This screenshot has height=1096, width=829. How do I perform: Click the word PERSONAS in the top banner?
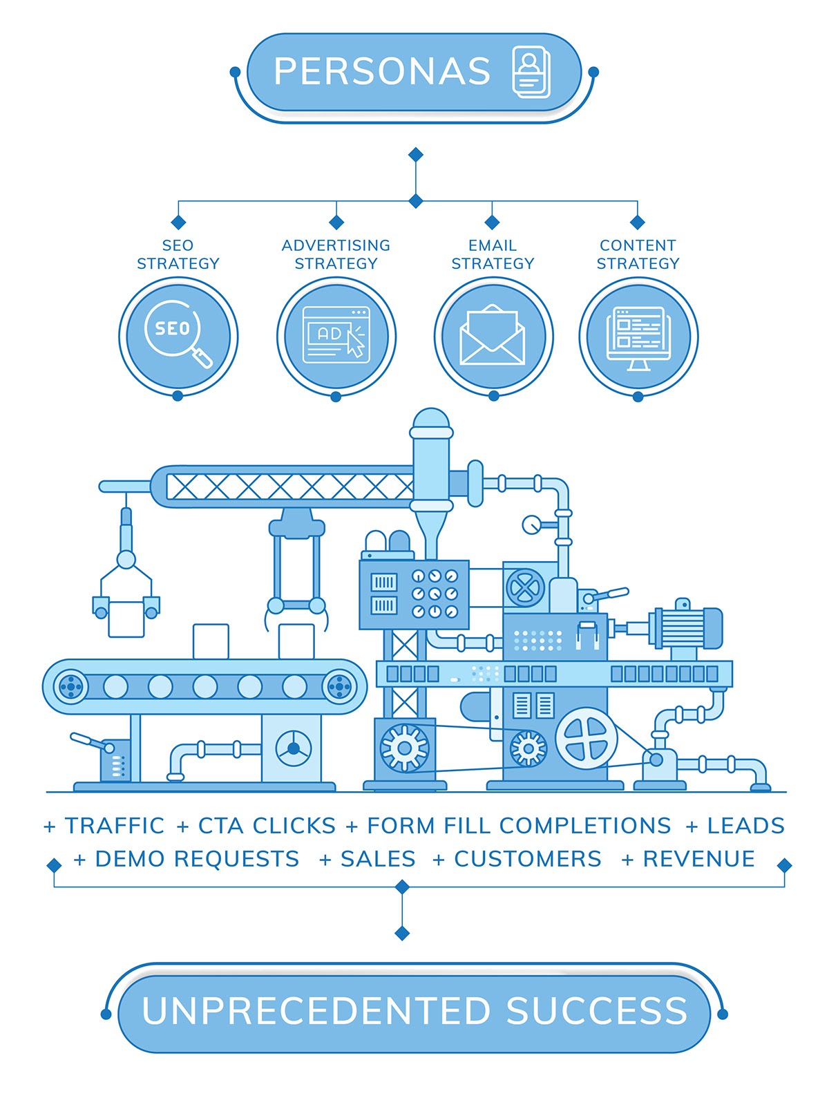[x=382, y=71]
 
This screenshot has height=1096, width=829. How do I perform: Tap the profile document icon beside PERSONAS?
[x=531, y=71]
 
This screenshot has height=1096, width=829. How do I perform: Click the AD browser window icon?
[x=336, y=335]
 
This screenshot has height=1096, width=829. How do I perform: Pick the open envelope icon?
[x=493, y=335]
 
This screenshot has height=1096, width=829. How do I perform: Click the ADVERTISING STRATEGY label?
[x=336, y=254]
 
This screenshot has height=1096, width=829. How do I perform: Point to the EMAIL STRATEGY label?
[x=493, y=254]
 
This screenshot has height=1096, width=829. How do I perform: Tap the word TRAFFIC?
[x=115, y=825]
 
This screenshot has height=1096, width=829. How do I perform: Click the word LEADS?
[x=746, y=825]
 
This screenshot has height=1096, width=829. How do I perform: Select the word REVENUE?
[x=698, y=858]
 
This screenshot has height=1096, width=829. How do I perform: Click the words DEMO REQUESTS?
[x=197, y=858]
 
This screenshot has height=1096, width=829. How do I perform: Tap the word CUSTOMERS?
[x=528, y=858]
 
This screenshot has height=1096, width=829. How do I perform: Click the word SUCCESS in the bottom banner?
[x=597, y=1010]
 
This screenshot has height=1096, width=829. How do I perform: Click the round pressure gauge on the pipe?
[x=531, y=524]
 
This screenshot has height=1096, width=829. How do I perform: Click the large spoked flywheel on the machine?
[x=587, y=738]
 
